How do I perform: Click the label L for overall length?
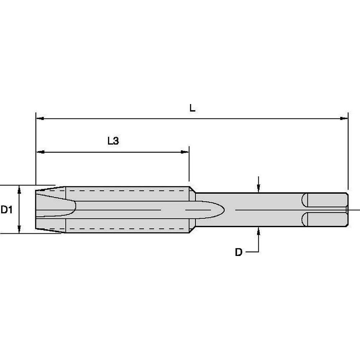[x=193, y=108]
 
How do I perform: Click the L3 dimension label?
[x=113, y=141]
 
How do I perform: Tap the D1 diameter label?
[x=6, y=210]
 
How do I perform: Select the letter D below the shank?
[x=238, y=252]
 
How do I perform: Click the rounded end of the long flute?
[x=220, y=210]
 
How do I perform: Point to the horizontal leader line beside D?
[x=252, y=252]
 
